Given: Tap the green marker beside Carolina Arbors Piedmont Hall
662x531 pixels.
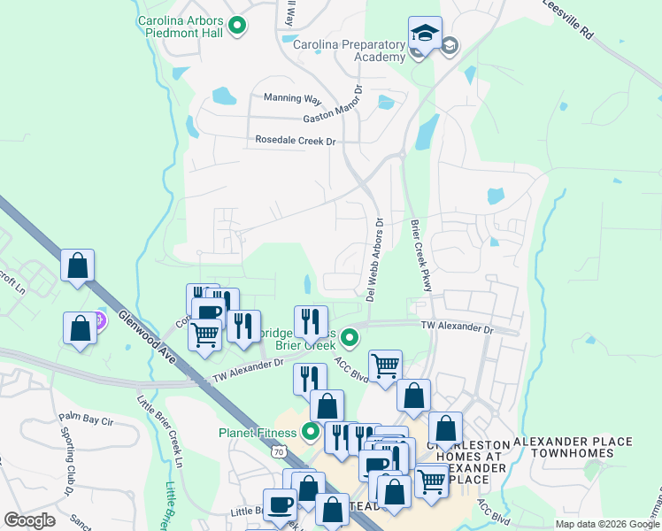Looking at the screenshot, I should point(236,27).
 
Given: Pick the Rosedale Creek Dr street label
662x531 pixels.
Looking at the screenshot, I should point(296,140).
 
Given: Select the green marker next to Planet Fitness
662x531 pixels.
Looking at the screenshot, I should point(310,433).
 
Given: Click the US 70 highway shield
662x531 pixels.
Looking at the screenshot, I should point(280,451).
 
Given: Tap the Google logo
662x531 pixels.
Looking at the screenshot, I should point(30,520).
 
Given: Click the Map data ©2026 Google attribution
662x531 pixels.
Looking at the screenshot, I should point(607,524).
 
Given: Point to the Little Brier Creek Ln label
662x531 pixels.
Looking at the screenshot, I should point(165,431).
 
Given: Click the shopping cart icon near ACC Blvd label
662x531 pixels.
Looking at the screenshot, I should point(385,365).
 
